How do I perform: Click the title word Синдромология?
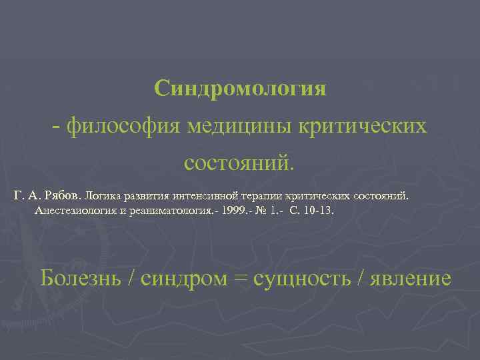240,89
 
